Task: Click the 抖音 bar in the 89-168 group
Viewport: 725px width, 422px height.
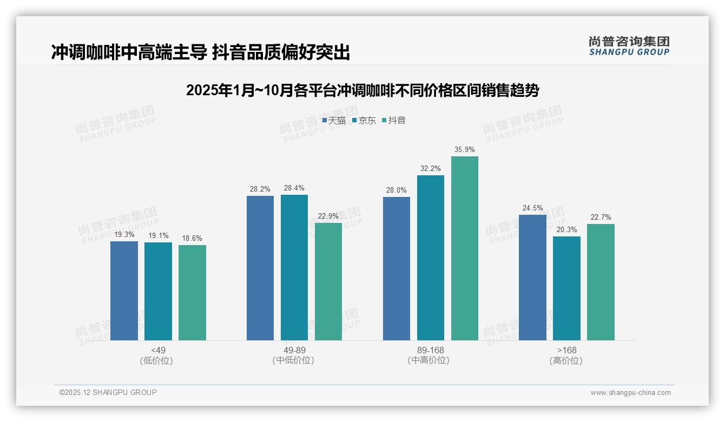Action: pyautogui.click(x=465, y=248)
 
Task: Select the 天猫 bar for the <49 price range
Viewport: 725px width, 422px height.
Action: pyautogui.click(x=124, y=291)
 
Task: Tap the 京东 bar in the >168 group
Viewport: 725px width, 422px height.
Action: pyautogui.click(x=566, y=288)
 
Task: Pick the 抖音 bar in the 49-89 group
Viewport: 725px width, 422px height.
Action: pyautogui.click(x=328, y=281)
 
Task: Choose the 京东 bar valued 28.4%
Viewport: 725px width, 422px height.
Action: pyautogui.click(x=294, y=267)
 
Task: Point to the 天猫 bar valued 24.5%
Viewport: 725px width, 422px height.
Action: pyautogui.click(x=532, y=278)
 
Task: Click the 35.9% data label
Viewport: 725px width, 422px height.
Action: pyautogui.click(x=465, y=149)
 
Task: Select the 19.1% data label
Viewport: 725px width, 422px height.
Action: pyautogui.click(x=158, y=235)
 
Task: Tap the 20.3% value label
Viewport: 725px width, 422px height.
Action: pyautogui.click(x=566, y=229)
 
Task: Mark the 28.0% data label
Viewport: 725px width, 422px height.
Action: pyautogui.click(x=397, y=190)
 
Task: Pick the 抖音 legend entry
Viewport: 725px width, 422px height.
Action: pyautogui.click(x=394, y=121)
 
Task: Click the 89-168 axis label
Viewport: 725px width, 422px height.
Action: pyautogui.click(x=431, y=350)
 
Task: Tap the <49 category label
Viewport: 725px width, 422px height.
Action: pyautogui.click(x=158, y=350)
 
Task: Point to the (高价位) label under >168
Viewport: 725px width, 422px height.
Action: pyautogui.click(x=566, y=361)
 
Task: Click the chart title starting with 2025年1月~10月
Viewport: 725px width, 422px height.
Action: pyautogui.click(x=362, y=90)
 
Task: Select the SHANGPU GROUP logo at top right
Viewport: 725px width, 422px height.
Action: pyautogui.click(x=629, y=46)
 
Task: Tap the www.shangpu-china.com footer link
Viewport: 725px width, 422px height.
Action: pyautogui.click(x=630, y=393)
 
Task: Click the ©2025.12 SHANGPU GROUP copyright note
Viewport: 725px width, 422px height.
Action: pyautogui.click(x=108, y=392)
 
